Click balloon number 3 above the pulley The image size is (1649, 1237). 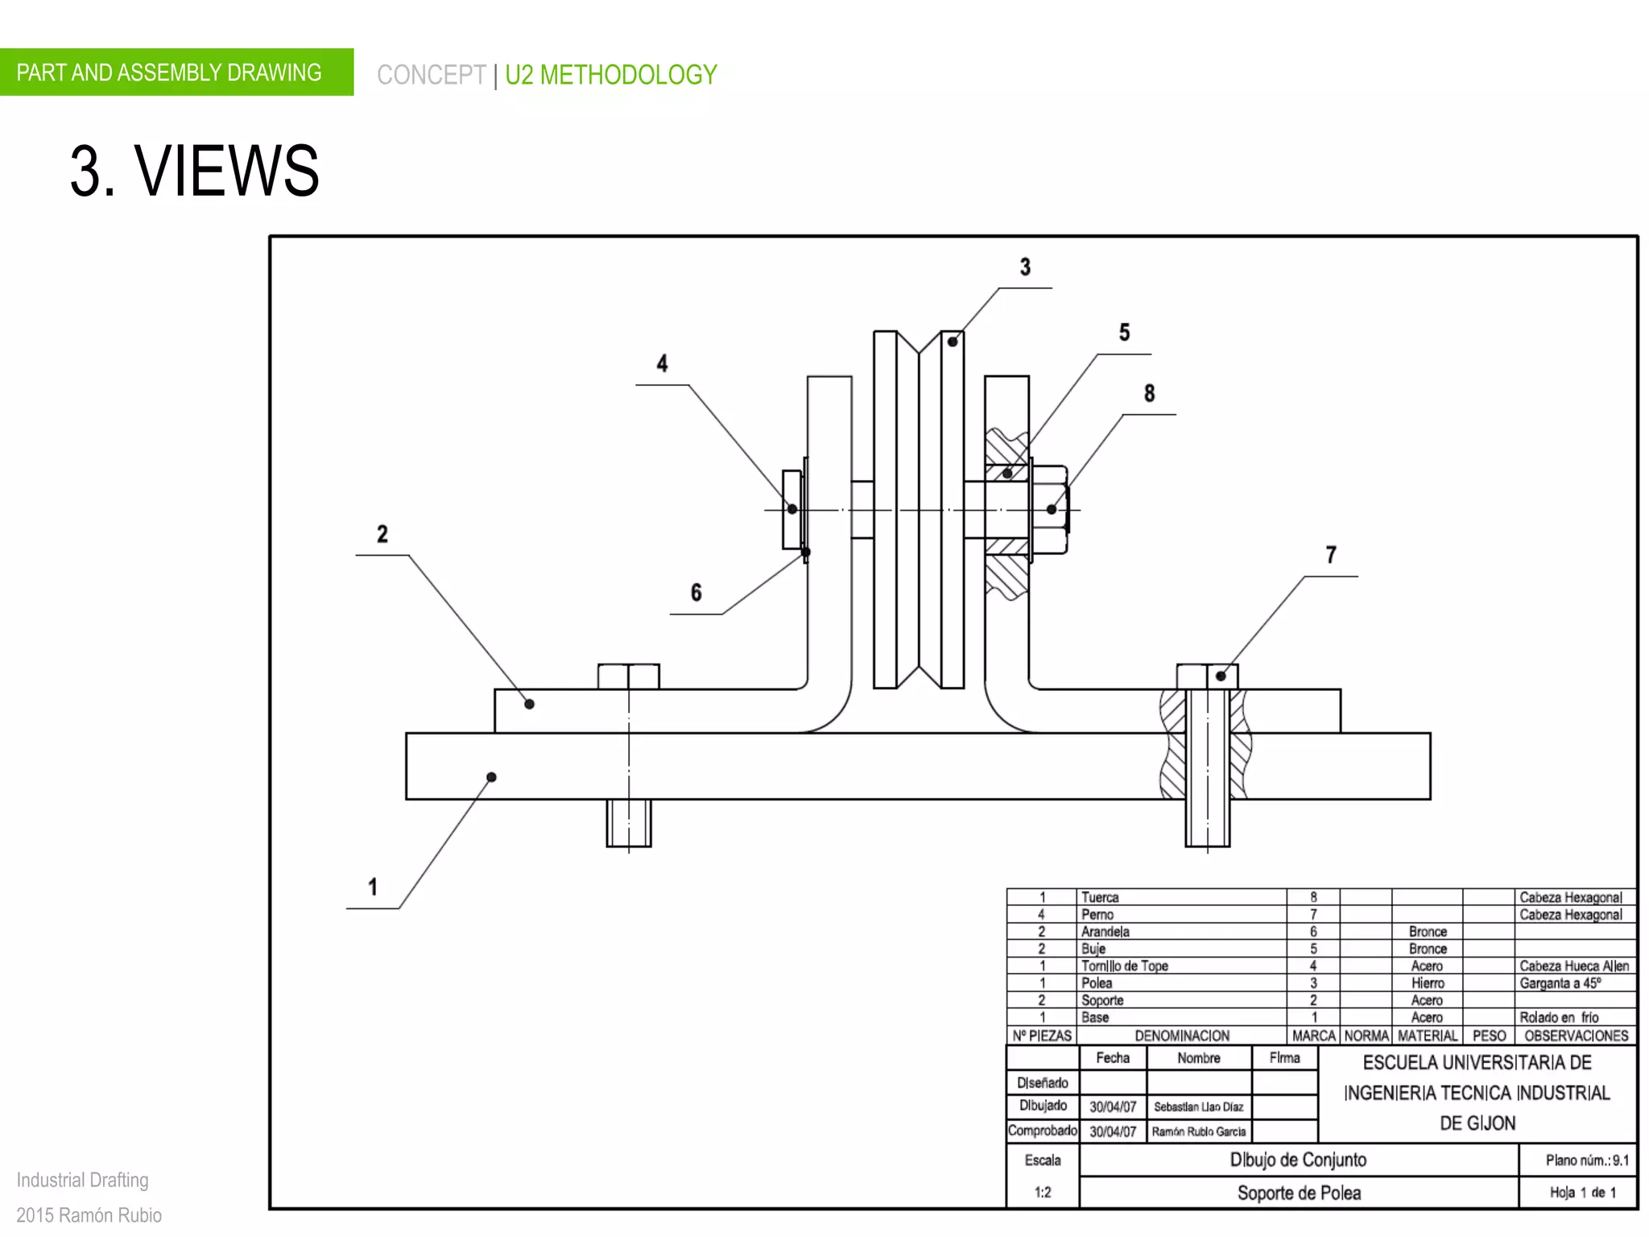point(1025,267)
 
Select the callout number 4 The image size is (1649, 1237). point(662,363)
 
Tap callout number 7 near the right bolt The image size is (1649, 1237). point(1331,555)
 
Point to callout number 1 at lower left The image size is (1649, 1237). point(373,887)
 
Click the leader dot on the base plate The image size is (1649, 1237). point(491,777)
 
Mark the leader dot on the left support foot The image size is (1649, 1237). point(529,704)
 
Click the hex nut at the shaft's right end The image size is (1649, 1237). point(1049,509)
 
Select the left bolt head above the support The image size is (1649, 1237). point(628,676)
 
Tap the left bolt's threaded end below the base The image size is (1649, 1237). point(628,823)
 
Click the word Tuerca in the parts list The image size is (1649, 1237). point(1100,897)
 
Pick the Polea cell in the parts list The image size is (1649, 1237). point(1097,983)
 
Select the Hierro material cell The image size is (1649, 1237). point(1428,983)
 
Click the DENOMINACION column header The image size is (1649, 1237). point(1181,1036)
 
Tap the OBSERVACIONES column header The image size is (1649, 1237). point(1576,1036)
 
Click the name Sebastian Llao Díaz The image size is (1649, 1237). point(1198,1107)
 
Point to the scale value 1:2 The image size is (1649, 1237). point(1043,1192)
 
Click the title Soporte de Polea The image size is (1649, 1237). point(1299,1193)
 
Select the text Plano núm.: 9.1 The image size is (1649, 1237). point(1586,1160)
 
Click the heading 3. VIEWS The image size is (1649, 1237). point(195,171)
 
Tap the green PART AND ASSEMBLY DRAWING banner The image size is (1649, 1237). point(169,72)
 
